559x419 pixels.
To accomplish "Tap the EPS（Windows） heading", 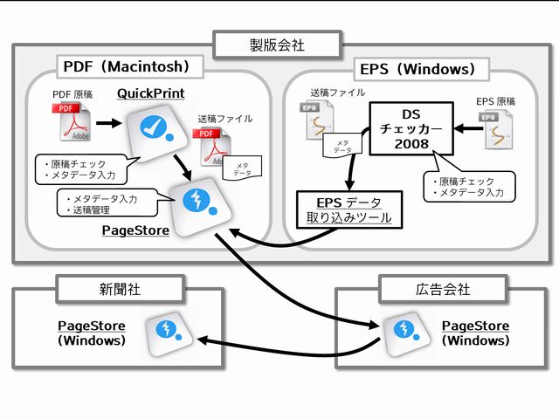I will [x=417, y=69].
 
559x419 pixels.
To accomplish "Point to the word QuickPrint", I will [x=150, y=93].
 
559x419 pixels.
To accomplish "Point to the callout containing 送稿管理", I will [x=103, y=204].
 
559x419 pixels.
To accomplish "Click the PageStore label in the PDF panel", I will [x=135, y=230].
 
